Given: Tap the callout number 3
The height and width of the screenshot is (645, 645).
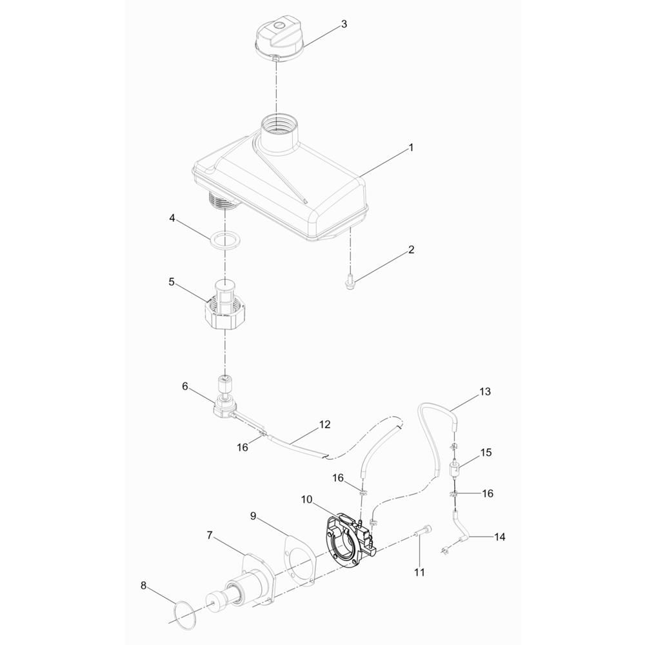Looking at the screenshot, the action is (x=344, y=25).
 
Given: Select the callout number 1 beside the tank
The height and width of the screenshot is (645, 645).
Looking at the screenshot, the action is (x=410, y=148).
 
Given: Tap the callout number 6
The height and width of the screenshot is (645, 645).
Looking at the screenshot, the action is (x=184, y=386).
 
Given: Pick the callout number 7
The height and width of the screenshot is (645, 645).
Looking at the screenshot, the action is (x=210, y=536).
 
